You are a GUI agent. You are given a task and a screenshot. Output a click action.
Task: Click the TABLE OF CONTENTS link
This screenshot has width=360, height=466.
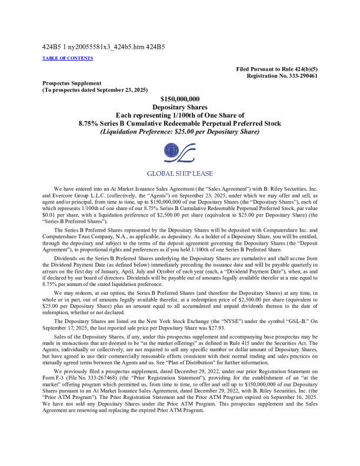coord(67,58)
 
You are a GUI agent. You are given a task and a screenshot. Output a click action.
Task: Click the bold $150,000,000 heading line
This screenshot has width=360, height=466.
coord(180,99)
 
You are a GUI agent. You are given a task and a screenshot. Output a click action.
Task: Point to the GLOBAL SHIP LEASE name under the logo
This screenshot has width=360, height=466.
coord(180,174)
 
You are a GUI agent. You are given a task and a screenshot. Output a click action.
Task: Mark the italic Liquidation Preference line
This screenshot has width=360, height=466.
coord(180,132)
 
